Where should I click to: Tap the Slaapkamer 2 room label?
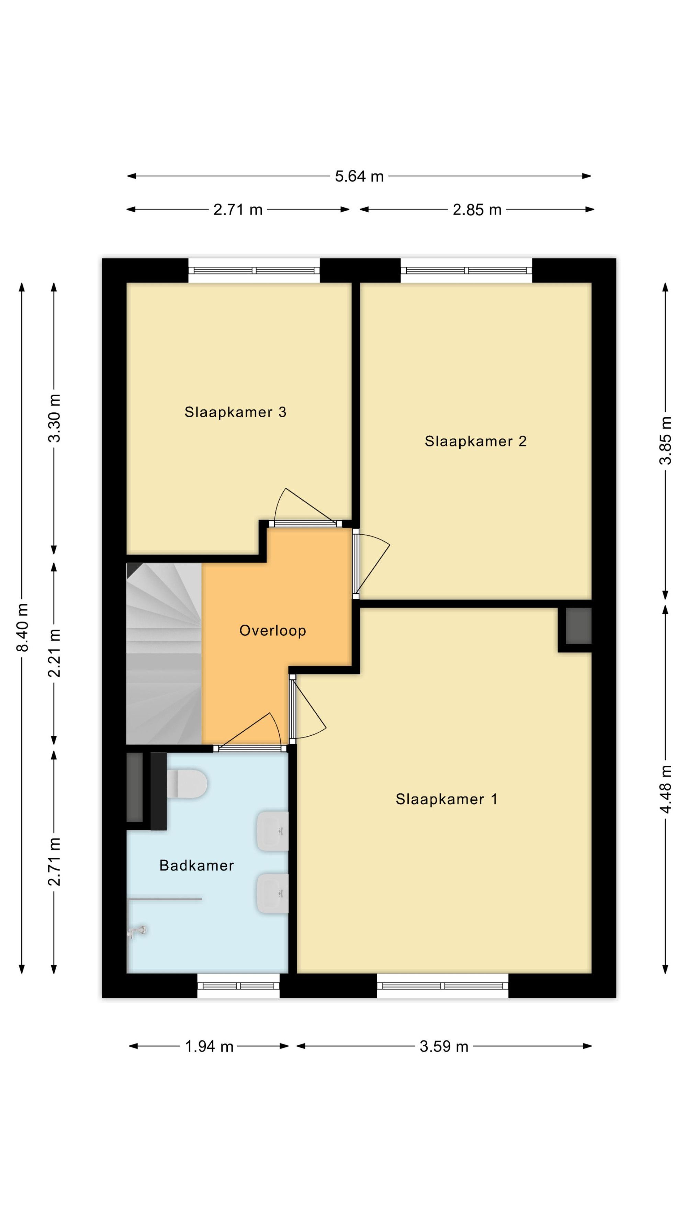click(x=475, y=441)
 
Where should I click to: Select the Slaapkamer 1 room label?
click(x=447, y=799)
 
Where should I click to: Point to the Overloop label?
click(x=273, y=631)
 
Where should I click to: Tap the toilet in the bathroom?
click(x=187, y=784)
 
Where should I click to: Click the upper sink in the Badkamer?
click(x=273, y=831)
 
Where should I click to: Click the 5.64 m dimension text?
click(x=359, y=177)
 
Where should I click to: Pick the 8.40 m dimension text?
click(x=22, y=627)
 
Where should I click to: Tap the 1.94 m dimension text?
click(x=209, y=1046)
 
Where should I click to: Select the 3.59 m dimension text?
click(x=444, y=1046)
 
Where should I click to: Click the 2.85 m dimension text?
click(x=477, y=210)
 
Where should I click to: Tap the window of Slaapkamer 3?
click(x=254, y=270)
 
